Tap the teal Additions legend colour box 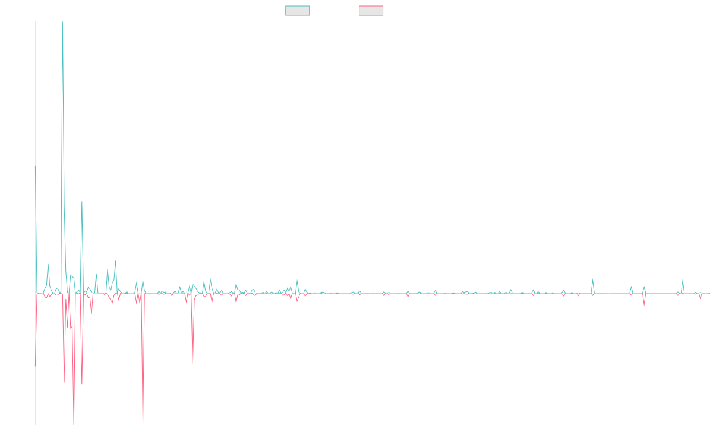(298, 11)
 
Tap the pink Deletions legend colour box (371, 11)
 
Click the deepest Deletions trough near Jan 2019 (143, 422)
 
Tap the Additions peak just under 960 (82, 202)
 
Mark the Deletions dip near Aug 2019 (193, 363)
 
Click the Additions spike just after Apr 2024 (592, 279)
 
